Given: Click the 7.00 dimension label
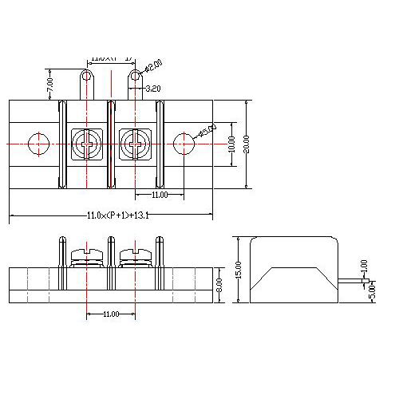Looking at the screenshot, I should pyautogui.click(x=49, y=82).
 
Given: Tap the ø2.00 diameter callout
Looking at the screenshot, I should pyautogui.click(x=153, y=65).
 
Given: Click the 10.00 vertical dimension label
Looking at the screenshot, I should pyautogui.click(x=232, y=144).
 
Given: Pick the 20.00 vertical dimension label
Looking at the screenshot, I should pyautogui.click(x=247, y=144).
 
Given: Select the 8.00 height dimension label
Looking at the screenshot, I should pyautogui.click(x=219, y=282).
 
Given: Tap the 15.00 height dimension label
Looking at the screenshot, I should pyautogui.click(x=237, y=270).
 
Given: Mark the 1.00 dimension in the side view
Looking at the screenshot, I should pyautogui.click(x=365, y=264).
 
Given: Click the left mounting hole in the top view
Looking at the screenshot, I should pyautogui.click(x=38, y=144).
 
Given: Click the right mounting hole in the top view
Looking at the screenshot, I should pyautogui.click(x=184, y=144).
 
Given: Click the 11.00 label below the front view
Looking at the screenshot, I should pyautogui.click(x=111, y=314).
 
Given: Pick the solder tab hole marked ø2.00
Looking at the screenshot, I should pyautogui.click(x=135, y=77).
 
